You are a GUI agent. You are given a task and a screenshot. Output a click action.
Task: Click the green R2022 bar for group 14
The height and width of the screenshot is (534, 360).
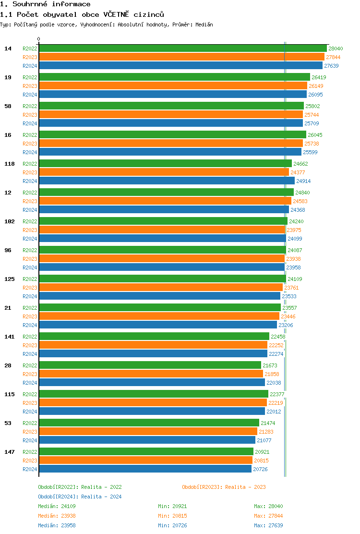(x=182, y=48)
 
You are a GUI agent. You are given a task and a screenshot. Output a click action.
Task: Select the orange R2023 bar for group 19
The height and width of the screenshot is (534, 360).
(x=173, y=85)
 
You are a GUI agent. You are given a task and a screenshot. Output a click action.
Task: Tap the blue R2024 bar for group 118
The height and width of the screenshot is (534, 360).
(x=167, y=181)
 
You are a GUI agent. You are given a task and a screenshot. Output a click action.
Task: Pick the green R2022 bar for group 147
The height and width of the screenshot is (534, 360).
(x=146, y=451)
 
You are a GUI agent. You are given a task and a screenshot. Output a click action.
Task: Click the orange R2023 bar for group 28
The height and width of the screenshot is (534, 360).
(x=151, y=374)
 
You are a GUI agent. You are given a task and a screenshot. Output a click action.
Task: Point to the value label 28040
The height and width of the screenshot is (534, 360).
(x=336, y=49)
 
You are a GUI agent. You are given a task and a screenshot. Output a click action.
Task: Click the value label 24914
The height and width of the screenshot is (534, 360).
(x=303, y=181)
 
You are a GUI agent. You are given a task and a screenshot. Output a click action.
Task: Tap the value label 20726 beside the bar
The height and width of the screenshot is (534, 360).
(x=260, y=469)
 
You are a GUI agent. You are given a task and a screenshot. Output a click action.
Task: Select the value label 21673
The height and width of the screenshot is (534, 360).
(x=270, y=365)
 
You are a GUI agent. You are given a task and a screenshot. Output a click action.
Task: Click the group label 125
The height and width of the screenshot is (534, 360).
(x=10, y=279)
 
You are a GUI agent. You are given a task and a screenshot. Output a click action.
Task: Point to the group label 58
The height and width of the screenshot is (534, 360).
(x=8, y=106)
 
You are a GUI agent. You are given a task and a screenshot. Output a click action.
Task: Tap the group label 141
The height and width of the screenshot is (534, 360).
(x=10, y=337)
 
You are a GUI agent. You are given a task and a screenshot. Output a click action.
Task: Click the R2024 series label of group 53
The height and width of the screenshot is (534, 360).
(x=30, y=440)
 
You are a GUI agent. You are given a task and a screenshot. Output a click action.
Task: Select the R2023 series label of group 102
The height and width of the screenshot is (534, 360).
(x=30, y=230)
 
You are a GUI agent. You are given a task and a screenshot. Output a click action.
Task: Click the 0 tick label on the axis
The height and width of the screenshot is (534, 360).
(x=39, y=39)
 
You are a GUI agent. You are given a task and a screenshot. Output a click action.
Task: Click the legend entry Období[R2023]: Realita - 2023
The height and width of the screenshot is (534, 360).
(x=224, y=487)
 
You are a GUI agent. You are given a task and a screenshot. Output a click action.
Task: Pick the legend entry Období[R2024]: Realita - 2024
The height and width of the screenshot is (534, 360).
(x=80, y=497)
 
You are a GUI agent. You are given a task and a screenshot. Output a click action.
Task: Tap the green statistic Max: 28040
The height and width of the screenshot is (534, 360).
(x=268, y=506)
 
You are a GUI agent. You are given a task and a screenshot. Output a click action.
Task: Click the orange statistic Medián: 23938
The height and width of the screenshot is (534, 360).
(x=57, y=516)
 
